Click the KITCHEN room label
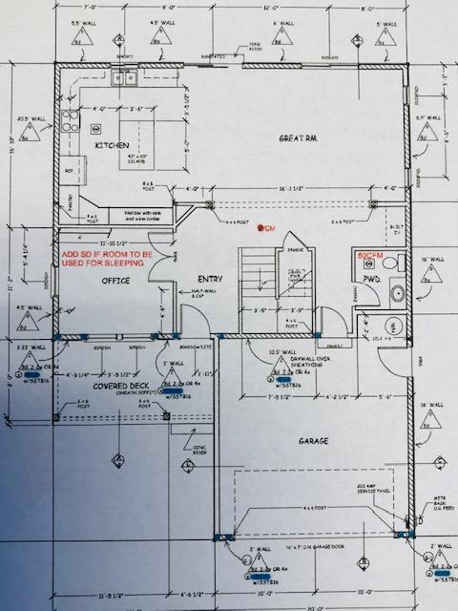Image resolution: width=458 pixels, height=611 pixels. (x=112, y=145)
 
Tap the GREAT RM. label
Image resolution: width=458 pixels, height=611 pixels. (x=298, y=138)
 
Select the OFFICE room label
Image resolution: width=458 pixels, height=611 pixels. (x=114, y=282)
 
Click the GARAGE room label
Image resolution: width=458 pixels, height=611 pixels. (x=312, y=440)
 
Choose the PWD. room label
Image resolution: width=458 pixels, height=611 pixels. (x=371, y=279)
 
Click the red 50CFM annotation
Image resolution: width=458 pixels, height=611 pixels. (x=371, y=257)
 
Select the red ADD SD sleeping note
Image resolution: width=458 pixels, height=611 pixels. (x=105, y=260)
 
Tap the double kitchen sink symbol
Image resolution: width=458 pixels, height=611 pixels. (x=124, y=78)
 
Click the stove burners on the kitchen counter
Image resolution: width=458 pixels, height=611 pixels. (x=70, y=122)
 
